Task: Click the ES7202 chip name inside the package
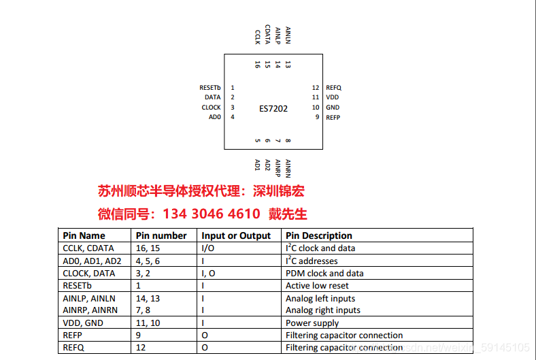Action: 273,109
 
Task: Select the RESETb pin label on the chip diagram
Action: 210,88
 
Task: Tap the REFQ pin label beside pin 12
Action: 333,88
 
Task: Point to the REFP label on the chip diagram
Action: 333,118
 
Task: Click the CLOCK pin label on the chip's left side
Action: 211,108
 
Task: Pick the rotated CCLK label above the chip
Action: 258,37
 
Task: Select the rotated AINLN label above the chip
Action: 288,35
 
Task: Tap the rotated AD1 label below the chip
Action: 258,165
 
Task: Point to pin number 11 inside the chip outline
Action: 316,97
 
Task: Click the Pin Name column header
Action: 84,235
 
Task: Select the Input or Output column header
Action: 236,235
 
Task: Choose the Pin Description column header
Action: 319,235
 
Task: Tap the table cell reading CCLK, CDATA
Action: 88,248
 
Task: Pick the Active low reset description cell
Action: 317,286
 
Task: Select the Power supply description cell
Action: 312,323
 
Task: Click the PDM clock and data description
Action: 324,274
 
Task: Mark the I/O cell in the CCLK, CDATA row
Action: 207,248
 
